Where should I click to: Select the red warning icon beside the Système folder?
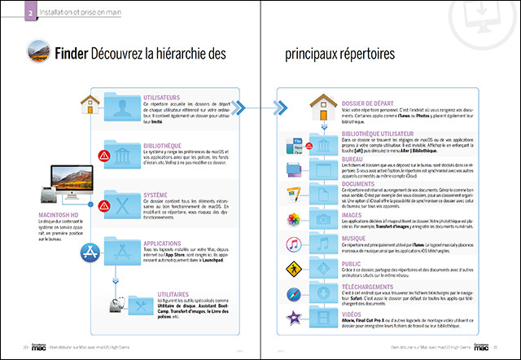tap(103, 204)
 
